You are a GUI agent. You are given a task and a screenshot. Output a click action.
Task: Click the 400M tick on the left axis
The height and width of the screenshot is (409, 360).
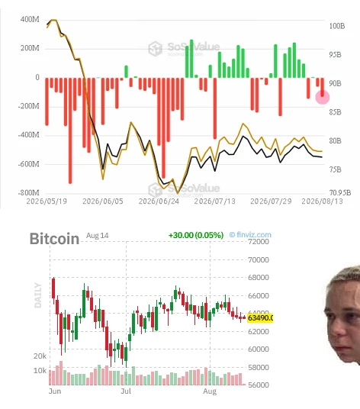tap(30, 20)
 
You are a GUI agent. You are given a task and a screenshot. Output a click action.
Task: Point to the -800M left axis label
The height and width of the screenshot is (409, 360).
tap(28, 193)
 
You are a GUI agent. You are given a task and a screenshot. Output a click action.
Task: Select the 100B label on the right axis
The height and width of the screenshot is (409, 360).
tap(337, 26)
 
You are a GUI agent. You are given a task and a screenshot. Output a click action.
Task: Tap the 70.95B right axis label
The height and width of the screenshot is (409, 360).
tap(340, 193)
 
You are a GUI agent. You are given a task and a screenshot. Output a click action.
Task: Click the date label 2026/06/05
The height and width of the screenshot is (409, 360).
tap(103, 201)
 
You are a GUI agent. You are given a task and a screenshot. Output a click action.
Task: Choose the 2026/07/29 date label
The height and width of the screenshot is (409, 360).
tap(271, 201)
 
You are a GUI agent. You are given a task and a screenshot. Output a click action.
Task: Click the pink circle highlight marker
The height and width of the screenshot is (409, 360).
tap(323, 98)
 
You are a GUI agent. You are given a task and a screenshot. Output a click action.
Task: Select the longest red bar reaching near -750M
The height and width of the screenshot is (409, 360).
tap(70, 130)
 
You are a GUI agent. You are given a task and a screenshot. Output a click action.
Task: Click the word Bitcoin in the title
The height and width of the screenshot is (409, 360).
tap(54, 239)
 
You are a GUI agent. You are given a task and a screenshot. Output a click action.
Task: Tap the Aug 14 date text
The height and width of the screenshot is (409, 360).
tap(97, 236)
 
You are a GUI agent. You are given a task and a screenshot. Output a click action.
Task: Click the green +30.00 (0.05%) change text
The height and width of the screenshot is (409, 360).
tap(196, 235)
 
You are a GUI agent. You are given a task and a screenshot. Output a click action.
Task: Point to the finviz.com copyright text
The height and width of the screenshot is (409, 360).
tap(250, 235)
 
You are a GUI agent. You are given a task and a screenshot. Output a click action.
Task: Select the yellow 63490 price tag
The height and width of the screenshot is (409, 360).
tap(260, 318)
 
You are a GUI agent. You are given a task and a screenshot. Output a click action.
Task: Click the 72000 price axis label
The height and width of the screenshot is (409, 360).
tap(259, 242)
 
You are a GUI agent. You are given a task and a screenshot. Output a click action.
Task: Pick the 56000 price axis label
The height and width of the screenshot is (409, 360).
tap(259, 385)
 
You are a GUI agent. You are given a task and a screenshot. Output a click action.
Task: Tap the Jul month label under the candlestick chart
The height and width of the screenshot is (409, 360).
tap(126, 391)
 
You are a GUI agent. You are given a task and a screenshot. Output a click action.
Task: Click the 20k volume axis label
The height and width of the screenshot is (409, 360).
tap(40, 356)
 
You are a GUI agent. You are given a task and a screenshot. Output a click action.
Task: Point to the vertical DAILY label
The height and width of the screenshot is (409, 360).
tap(38, 295)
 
